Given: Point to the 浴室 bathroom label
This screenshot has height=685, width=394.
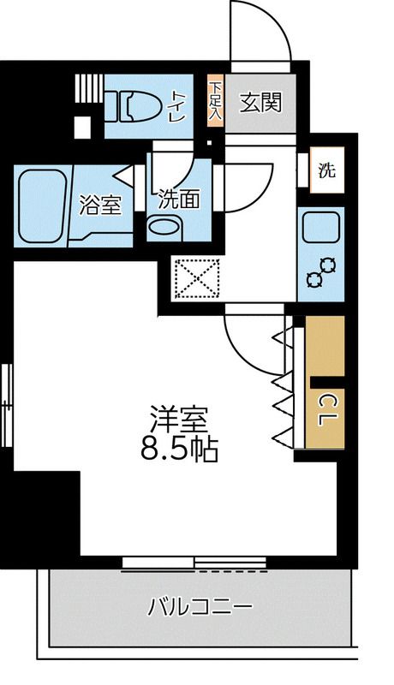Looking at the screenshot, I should [100, 205].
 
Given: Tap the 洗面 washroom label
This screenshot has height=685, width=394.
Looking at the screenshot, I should [179, 200].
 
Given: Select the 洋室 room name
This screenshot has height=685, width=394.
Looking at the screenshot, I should [180, 420].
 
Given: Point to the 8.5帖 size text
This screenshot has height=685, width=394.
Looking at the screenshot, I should [180, 448].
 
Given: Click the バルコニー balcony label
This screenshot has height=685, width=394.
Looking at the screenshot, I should [200, 609].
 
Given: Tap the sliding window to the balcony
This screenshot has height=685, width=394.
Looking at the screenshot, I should [194, 563].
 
